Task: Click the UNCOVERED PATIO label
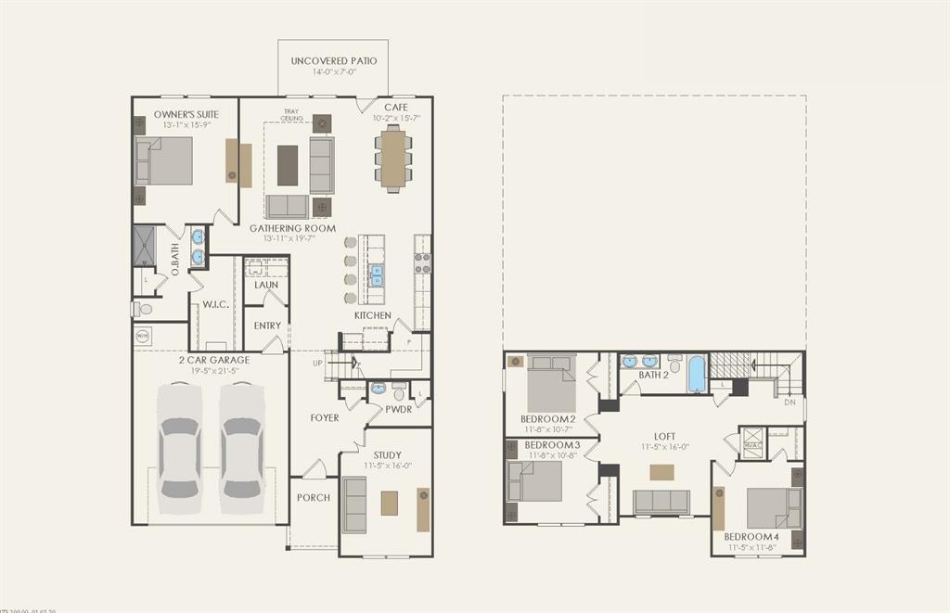(334, 61)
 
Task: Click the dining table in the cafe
(393, 159)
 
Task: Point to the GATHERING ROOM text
(292, 228)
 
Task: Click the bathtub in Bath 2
(697, 375)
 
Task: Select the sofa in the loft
(661, 502)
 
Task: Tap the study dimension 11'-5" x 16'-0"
(387, 466)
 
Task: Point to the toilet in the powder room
(399, 391)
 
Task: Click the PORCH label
(314, 498)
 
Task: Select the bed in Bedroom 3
(535, 481)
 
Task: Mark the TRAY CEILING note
(292, 115)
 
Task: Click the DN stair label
(790, 402)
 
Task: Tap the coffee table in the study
(389, 504)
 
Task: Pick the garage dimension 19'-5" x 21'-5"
(213, 370)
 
